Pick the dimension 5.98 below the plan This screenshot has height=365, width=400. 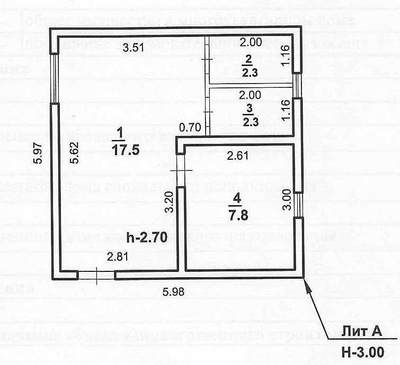174,290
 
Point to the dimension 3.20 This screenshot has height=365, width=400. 169,202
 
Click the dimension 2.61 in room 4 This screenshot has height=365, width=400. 237,156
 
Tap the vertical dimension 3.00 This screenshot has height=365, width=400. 286,199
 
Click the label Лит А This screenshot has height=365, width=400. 361,332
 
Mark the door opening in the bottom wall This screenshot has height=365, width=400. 96,275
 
